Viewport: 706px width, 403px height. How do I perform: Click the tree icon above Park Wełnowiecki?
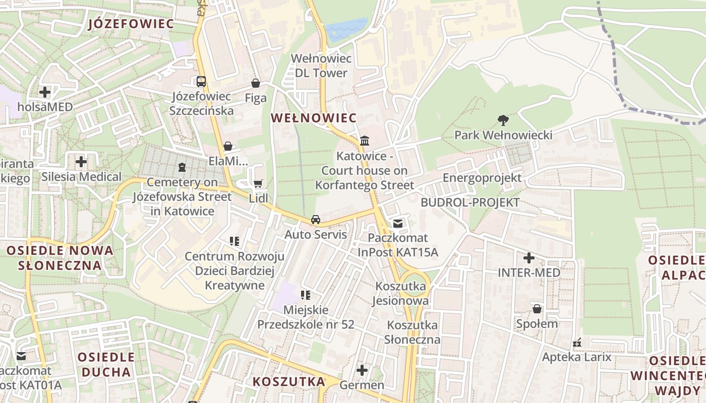(503, 120)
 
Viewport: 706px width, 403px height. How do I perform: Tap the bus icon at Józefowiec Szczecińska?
(201, 81)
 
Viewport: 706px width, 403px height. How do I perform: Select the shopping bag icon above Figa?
(256, 83)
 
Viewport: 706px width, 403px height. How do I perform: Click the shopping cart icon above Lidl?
(258, 184)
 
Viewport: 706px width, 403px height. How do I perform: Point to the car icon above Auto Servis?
(316, 220)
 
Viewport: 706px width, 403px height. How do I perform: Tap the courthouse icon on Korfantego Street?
(365, 141)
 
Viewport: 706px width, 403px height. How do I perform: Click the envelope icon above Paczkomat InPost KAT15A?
(398, 223)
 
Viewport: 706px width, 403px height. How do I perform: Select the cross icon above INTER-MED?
(528, 258)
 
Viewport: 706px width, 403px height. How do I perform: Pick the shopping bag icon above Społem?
(537, 308)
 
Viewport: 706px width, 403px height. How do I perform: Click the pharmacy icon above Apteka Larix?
(577, 343)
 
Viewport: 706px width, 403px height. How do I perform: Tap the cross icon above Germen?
(362, 371)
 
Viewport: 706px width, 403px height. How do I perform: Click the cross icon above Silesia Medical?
(81, 162)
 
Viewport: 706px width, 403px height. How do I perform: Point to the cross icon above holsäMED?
(45, 92)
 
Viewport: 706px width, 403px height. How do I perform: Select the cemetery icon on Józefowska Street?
(182, 167)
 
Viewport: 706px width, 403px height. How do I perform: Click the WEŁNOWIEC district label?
(314, 118)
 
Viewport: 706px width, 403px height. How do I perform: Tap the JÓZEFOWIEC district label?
(131, 24)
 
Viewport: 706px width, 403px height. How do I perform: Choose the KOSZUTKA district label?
(289, 381)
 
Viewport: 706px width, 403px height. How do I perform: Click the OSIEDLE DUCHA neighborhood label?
(106, 365)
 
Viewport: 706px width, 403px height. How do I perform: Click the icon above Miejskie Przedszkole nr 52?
(306, 295)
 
